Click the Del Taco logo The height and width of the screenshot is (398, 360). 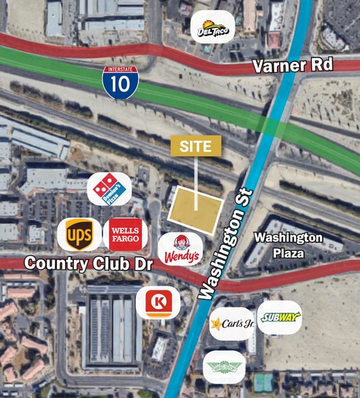click(212, 28)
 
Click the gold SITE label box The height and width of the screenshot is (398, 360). click(196, 146)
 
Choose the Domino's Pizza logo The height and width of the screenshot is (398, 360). click(109, 189)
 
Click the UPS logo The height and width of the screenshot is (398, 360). click(79, 235)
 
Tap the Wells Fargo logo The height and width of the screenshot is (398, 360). click(125, 234)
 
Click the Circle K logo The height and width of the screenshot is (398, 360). click(158, 303)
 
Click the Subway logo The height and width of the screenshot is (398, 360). click(279, 317)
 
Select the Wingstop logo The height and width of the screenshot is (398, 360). click(224, 366)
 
